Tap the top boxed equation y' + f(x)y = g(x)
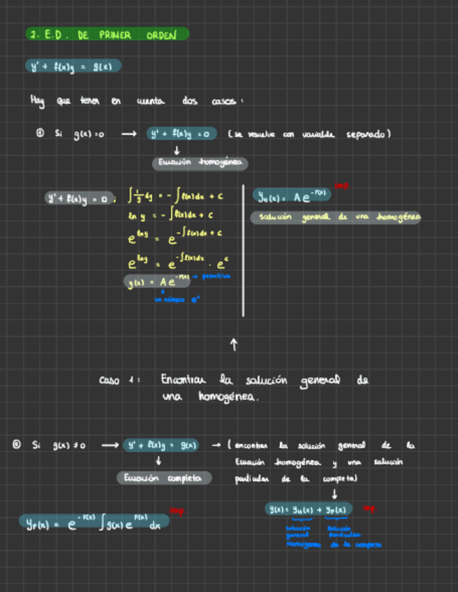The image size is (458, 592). [x=73, y=66]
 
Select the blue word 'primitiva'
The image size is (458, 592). [x=216, y=276]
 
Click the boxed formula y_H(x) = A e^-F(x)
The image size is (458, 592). [x=291, y=197]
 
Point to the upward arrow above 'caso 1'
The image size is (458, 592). [x=234, y=344]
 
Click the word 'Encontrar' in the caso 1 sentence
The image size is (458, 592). [x=184, y=380]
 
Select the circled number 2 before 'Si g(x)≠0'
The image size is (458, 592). [x=16, y=444]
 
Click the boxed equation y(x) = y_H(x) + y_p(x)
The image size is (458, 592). [x=309, y=510]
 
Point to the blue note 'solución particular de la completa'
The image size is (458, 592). [x=353, y=536]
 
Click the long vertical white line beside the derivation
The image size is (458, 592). [x=243, y=250]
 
